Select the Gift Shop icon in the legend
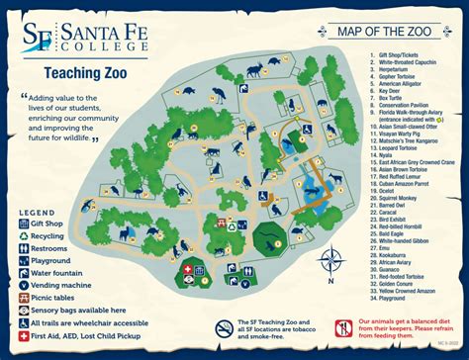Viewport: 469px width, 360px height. (23, 224)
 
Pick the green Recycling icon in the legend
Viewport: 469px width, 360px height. (23, 237)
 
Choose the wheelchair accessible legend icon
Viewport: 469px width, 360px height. (23, 321)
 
